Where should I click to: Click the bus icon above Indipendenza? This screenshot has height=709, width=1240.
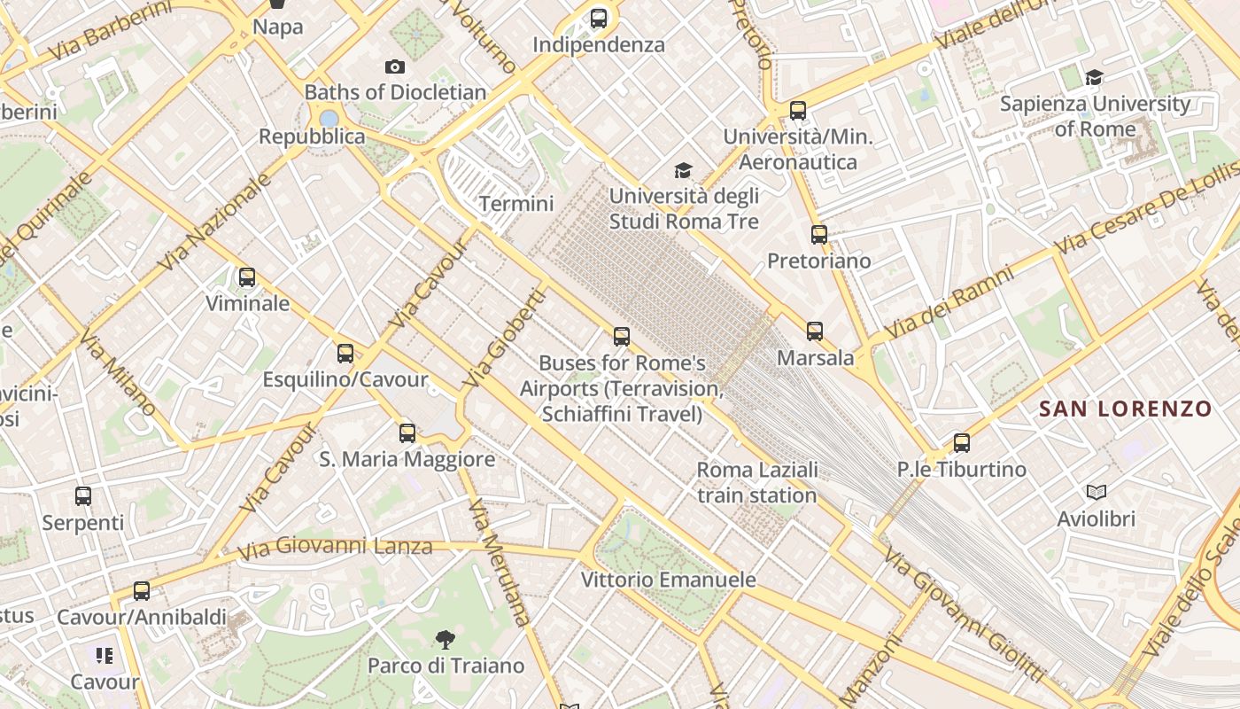tap(599, 18)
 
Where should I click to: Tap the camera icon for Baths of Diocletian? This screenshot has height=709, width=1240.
tap(395, 66)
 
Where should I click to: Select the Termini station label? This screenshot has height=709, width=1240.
tap(516, 204)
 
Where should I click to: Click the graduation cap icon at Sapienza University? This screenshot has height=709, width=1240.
tap(1095, 77)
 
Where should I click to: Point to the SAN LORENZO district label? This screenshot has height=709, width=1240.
tap(1125, 409)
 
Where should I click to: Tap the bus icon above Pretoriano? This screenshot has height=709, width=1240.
tap(819, 235)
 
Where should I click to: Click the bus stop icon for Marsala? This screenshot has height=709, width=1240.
tap(815, 331)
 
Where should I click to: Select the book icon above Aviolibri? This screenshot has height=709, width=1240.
tap(1097, 492)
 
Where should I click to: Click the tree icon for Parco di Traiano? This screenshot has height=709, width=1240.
tap(446, 639)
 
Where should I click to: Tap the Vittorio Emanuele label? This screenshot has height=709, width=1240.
tap(669, 580)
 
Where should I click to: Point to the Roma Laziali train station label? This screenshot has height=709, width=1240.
tap(757, 482)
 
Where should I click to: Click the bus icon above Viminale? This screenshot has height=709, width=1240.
tap(247, 277)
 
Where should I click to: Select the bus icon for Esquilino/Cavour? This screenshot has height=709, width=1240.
tap(345, 354)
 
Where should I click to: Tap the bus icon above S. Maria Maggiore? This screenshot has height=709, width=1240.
tap(407, 433)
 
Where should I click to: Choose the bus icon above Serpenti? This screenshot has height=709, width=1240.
tap(83, 496)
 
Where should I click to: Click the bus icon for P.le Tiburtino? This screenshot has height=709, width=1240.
tap(962, 443)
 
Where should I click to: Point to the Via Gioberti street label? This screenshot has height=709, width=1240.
tap(502, 339)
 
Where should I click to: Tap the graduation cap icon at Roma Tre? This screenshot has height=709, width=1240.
tap(683, 170)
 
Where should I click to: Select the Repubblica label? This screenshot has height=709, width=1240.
tap(312, 136)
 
